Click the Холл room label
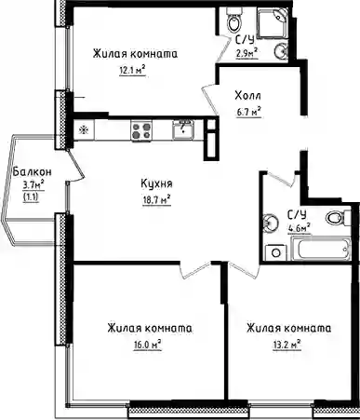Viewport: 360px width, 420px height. [x=247, y=96]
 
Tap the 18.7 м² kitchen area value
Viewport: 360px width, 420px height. [x=156, y=199]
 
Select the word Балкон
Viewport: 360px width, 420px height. [x=33, y=171]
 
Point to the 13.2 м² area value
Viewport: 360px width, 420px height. [x=287, y=345]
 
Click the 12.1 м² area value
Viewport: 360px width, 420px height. [x=132, y=71]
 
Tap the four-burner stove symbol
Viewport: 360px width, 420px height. [x=141, y=130]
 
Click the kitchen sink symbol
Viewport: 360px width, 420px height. [x=183, y=129]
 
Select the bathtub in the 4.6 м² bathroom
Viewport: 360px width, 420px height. [x=324, y=248]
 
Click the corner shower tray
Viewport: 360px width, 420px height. [x=273, y=23]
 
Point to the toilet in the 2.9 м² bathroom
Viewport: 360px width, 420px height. [x=233, y=19]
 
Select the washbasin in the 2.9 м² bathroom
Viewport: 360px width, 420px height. [x=282, y=50]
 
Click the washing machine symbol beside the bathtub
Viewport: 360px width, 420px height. [x=276, y=252]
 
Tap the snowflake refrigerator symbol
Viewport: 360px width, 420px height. [x=84, y=130]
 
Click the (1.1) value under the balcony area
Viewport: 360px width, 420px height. [x=32, y=197]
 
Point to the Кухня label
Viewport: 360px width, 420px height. [x=156, y=184]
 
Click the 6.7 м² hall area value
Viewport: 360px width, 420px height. [x=248, y=112]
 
